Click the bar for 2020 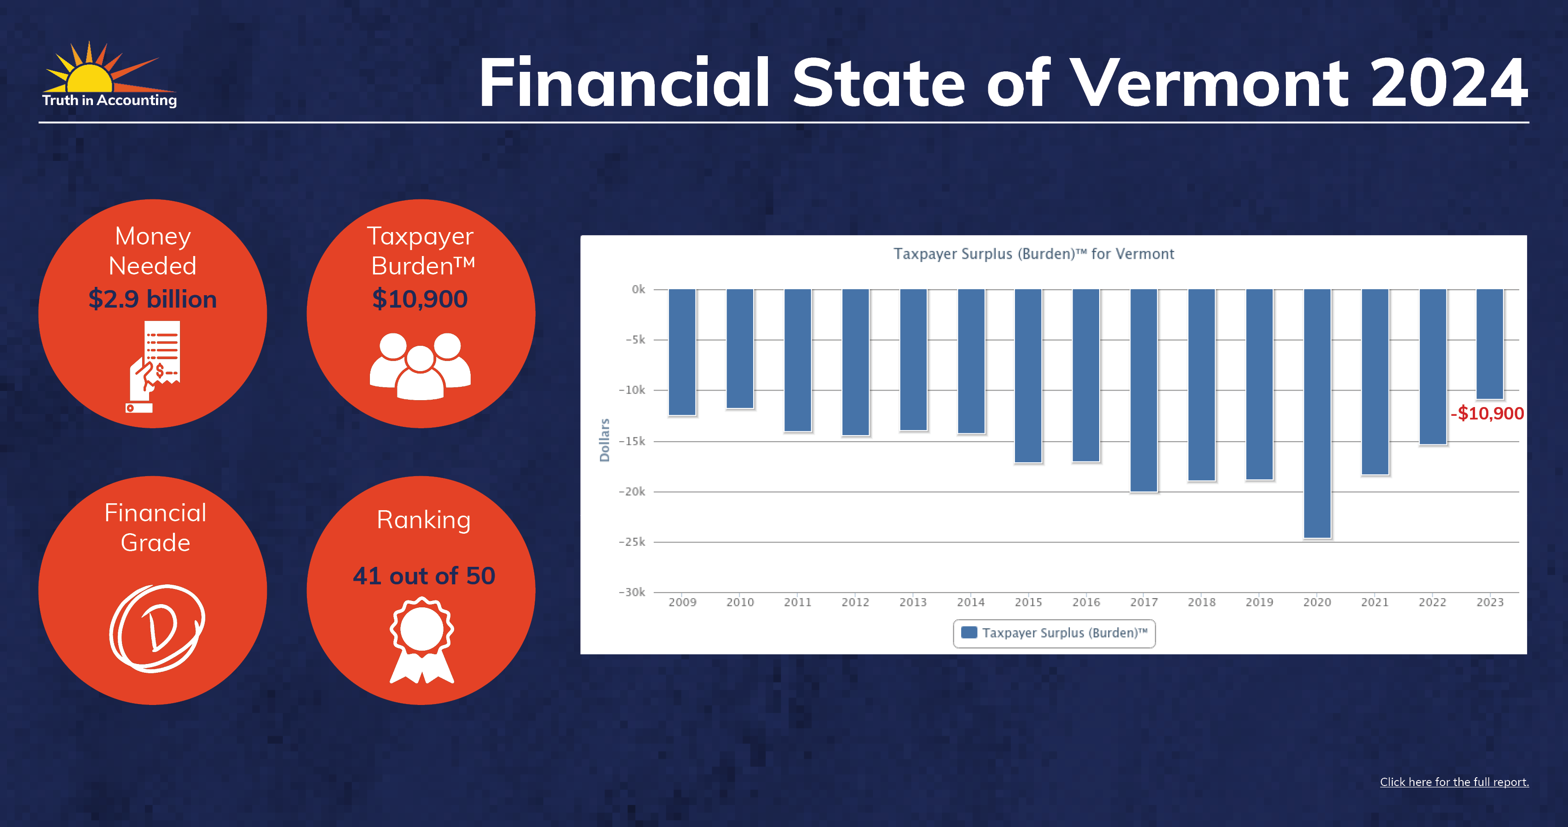tap(1317, 413)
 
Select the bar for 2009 tap(682, 352)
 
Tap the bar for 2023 tap(1490, 344)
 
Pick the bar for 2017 tap(1144, 390)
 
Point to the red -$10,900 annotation tap(1487, 413)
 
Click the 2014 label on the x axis tap(971, 602)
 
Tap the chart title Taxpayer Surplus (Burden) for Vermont tap(1033, 254)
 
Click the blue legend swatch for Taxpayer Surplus tap(969, 632)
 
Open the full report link tap(1454, 782)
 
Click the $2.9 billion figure tap(153, 299)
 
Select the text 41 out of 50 tap(424, 576)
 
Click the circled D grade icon tap(157, 628)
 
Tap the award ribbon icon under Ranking tap(422, 640)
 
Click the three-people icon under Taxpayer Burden tap(421, 366)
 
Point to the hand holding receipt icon tap(153, 367)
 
